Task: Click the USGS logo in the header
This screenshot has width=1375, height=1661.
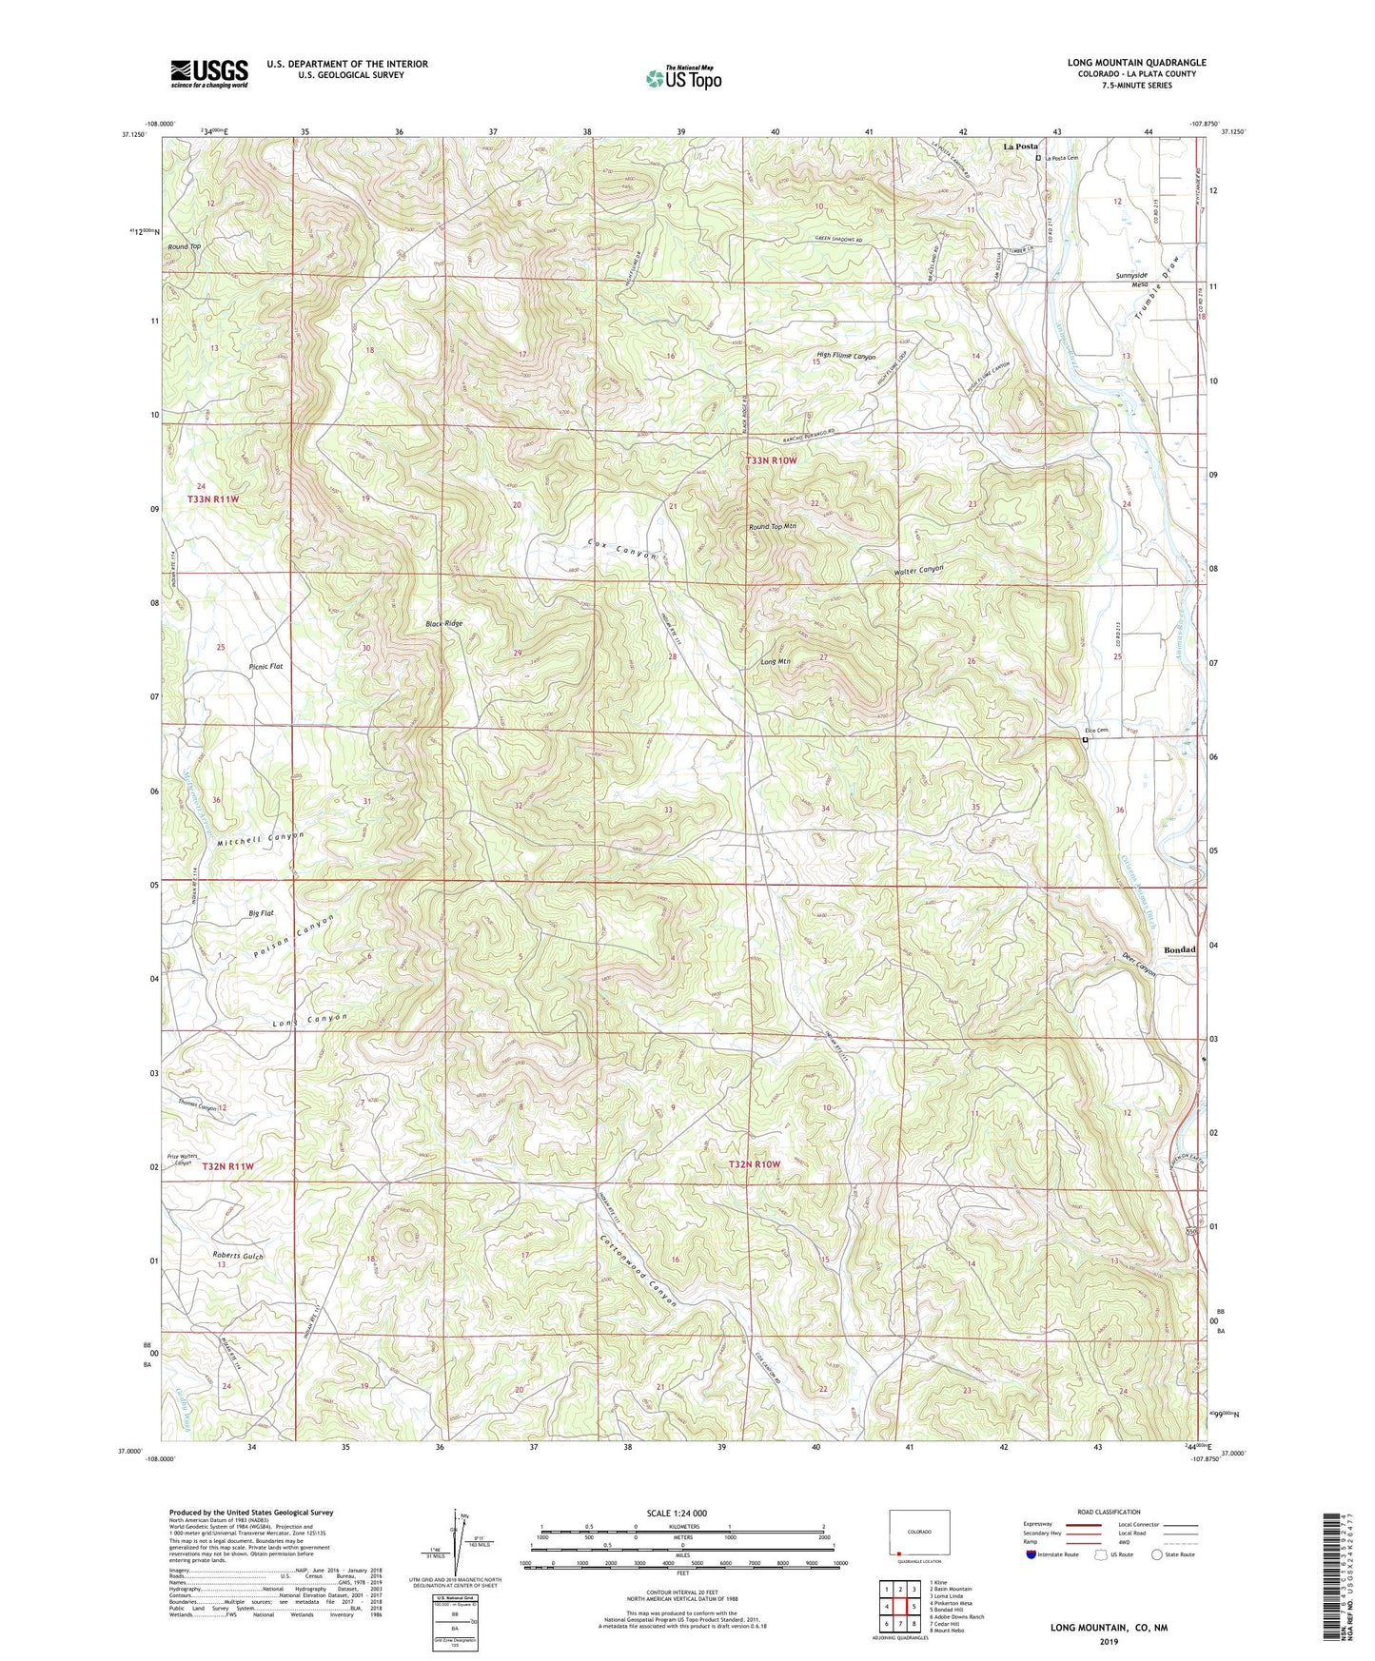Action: pos(209,73)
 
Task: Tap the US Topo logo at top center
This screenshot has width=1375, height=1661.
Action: pos(683,78)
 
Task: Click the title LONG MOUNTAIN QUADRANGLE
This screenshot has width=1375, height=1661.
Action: pos(1136,63)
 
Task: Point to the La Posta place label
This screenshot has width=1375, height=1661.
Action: pos(1020,147)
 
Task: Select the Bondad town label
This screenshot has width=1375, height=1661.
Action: pos(1180,949)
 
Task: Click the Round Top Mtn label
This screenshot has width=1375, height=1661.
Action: pos(772,526)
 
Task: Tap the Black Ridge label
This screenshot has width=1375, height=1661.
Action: pos(443,623)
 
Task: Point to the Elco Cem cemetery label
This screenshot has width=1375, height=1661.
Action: pos(1096,731)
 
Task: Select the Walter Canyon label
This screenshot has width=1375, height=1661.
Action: pos(918,569)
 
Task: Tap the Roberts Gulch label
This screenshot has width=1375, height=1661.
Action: pos(238,1256)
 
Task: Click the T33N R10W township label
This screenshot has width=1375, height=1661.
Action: pos(771,460)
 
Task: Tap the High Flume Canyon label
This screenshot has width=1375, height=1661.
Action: pos(841,357)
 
